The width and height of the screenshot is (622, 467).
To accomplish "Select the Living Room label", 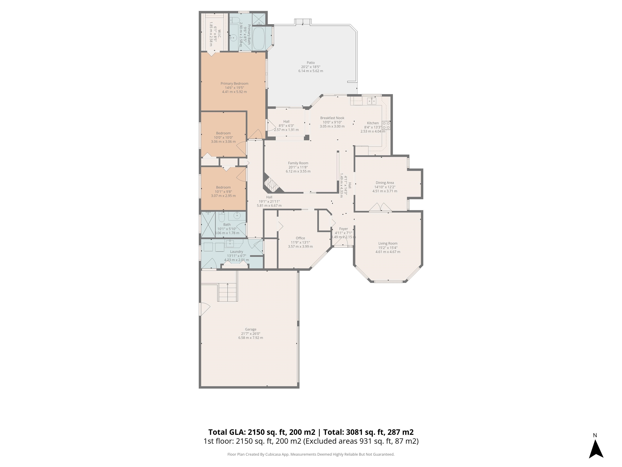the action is (388, 243).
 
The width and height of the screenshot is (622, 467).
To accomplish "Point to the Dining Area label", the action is (385, 183).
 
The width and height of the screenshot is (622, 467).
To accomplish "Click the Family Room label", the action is (298, 163).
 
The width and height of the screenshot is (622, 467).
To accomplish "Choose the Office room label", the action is (300, 238).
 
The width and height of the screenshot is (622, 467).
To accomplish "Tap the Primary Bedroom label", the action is (234, 84).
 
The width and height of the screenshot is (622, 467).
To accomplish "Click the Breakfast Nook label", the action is (332, 118).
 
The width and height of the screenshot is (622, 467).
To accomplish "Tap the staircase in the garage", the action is (228, 292).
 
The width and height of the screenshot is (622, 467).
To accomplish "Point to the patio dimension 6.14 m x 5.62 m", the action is (311, 71).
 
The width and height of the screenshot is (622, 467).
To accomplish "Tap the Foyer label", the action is (343, 229).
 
